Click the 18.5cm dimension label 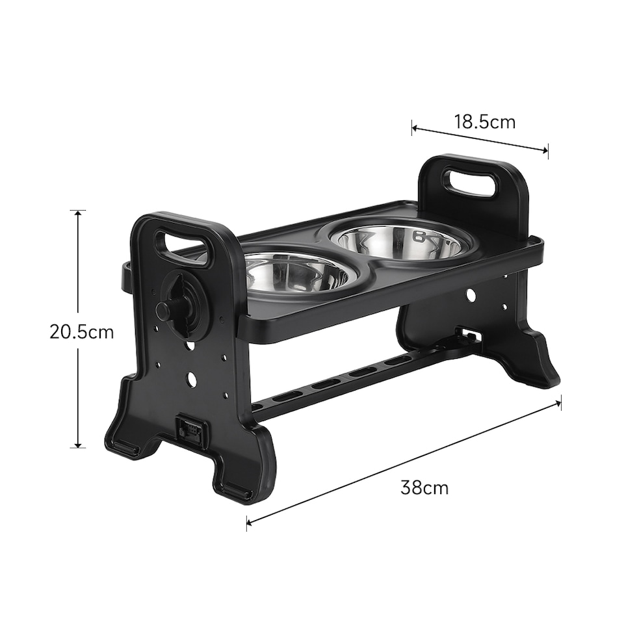click(x=484, y=122)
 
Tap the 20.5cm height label click(x=81, y=332)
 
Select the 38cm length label click(x=424, y=487)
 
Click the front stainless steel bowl click(x=294, y=272)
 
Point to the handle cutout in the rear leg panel click(x=470, y=182)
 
